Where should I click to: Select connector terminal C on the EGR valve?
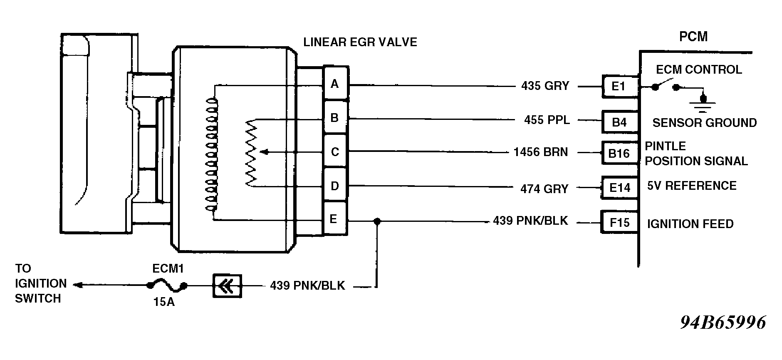click(x=335, y=151)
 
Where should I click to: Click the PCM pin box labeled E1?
click(x=619, y=87)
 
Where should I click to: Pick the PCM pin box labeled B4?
click(x=619, y=122)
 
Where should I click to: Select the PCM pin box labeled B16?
click(x=619, y=153)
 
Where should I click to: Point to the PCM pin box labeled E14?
click(x=620, y=188)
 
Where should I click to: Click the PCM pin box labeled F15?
click(x=619, y=223)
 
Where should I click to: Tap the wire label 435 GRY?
click(x=545, y=86)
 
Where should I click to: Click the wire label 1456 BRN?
click(x=540, y=152)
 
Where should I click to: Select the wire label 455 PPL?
click(x=547, y=120)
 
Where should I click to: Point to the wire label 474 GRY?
click(x=544, y=189)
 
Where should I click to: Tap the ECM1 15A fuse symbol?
click(x=167, y=286)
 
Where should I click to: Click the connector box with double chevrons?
click(x=227, y=286)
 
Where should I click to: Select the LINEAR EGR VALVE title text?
click(x=360, y=42)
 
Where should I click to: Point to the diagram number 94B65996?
click(x=723, y=323)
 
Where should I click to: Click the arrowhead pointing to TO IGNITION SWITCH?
click(x=77, y=285)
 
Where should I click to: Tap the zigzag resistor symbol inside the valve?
click(x=251, y=152)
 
